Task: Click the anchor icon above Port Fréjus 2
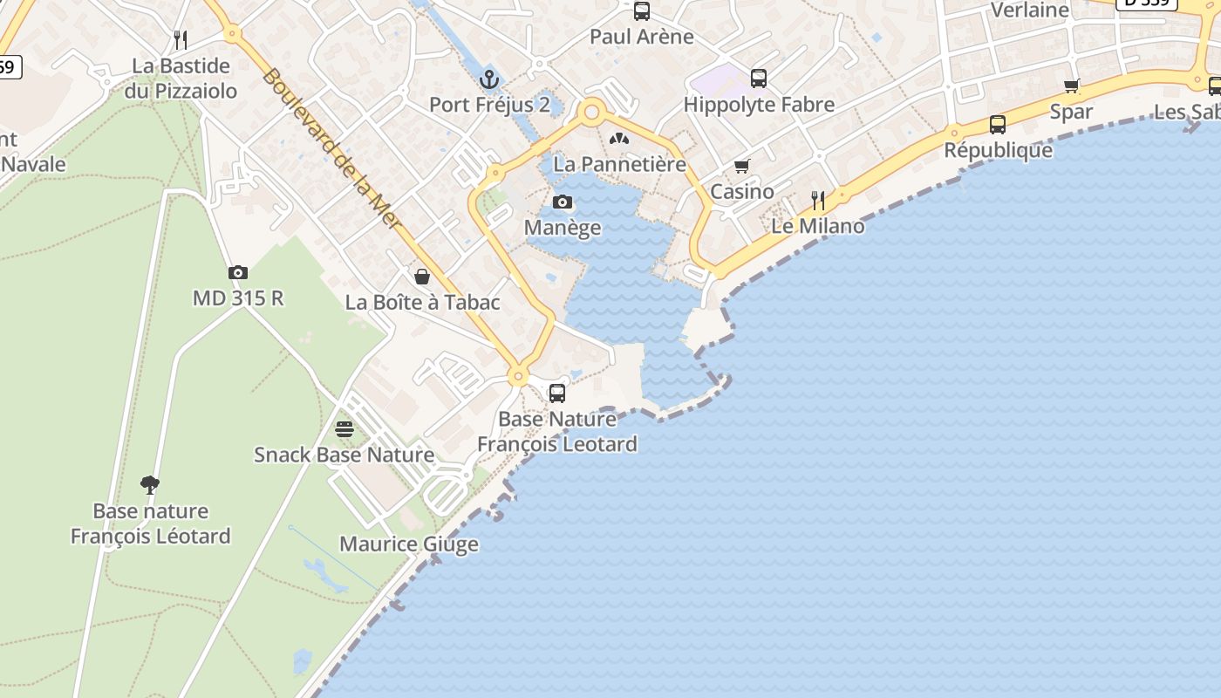tap(489, 79)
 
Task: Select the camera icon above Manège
tap(563, 202)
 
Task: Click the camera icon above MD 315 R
tap(237, 273)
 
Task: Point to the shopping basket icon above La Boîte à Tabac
tap(422, 277)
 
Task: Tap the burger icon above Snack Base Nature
tap(344, 429)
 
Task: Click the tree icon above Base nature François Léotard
tap(150, 485)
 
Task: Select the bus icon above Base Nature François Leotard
tap(556, 393)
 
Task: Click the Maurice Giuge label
tap(409, 544)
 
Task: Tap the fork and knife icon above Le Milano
tap(817, 201)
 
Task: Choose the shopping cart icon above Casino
tap(742, 166)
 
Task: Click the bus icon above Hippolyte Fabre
tap(759, 79)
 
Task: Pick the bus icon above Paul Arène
tap(642, 11)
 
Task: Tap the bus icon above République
tap(998, 125)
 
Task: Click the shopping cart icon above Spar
tap(1071, 86)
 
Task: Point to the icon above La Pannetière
tap(619, 139)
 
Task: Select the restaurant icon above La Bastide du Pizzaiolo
tap(181, 39)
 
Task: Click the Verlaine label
tap(1030, 10)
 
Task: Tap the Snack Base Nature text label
tap(344, 455)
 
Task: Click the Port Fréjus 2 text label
tap(489, 105)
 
